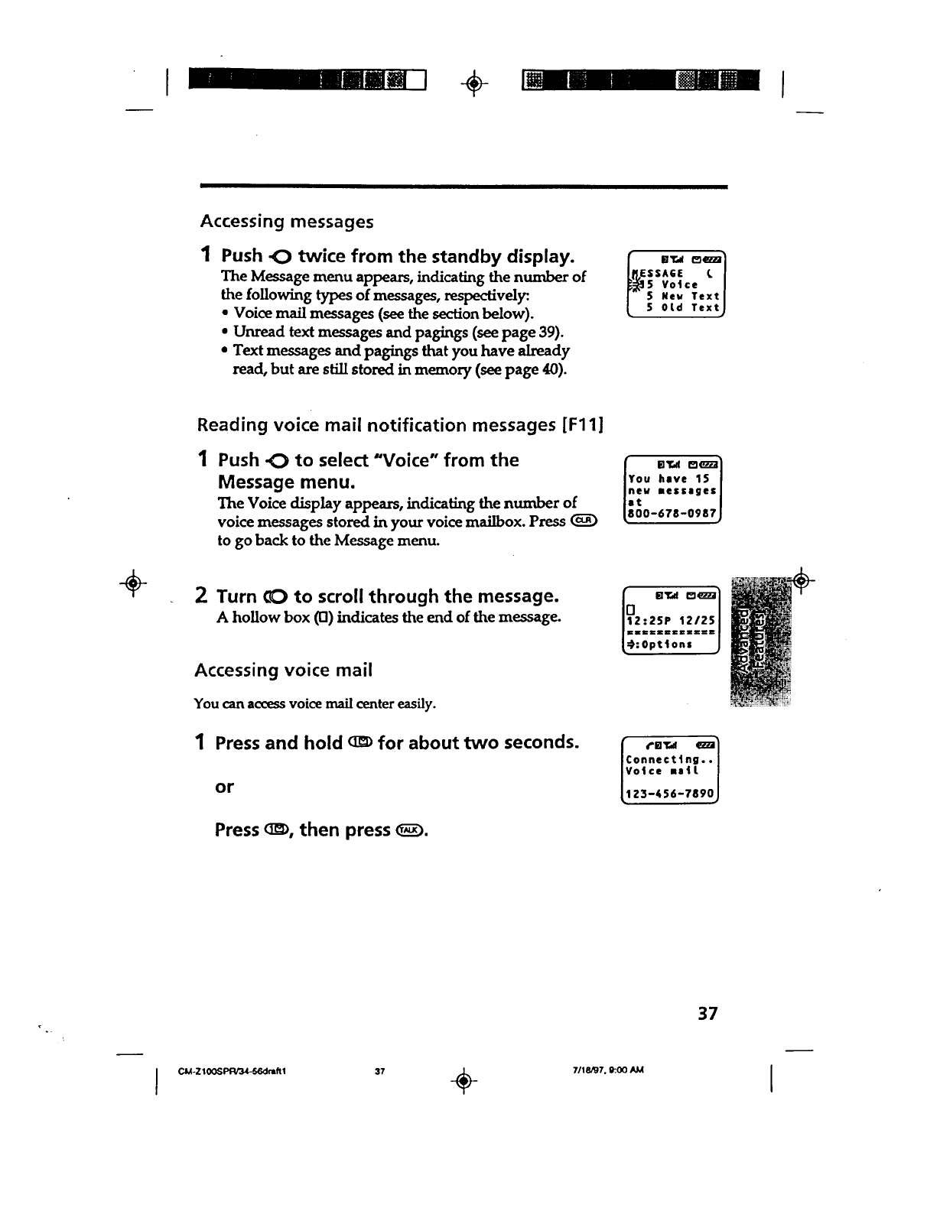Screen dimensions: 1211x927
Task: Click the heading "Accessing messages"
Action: click(x=287, y=222)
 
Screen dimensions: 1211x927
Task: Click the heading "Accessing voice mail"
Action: click(x=283, y=670)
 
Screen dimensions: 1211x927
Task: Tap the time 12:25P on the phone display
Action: click(x=648, y=619)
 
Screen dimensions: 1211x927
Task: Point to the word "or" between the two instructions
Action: click(x=224, y=787)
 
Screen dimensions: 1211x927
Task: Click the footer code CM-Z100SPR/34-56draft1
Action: click(x=232, y=1070)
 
